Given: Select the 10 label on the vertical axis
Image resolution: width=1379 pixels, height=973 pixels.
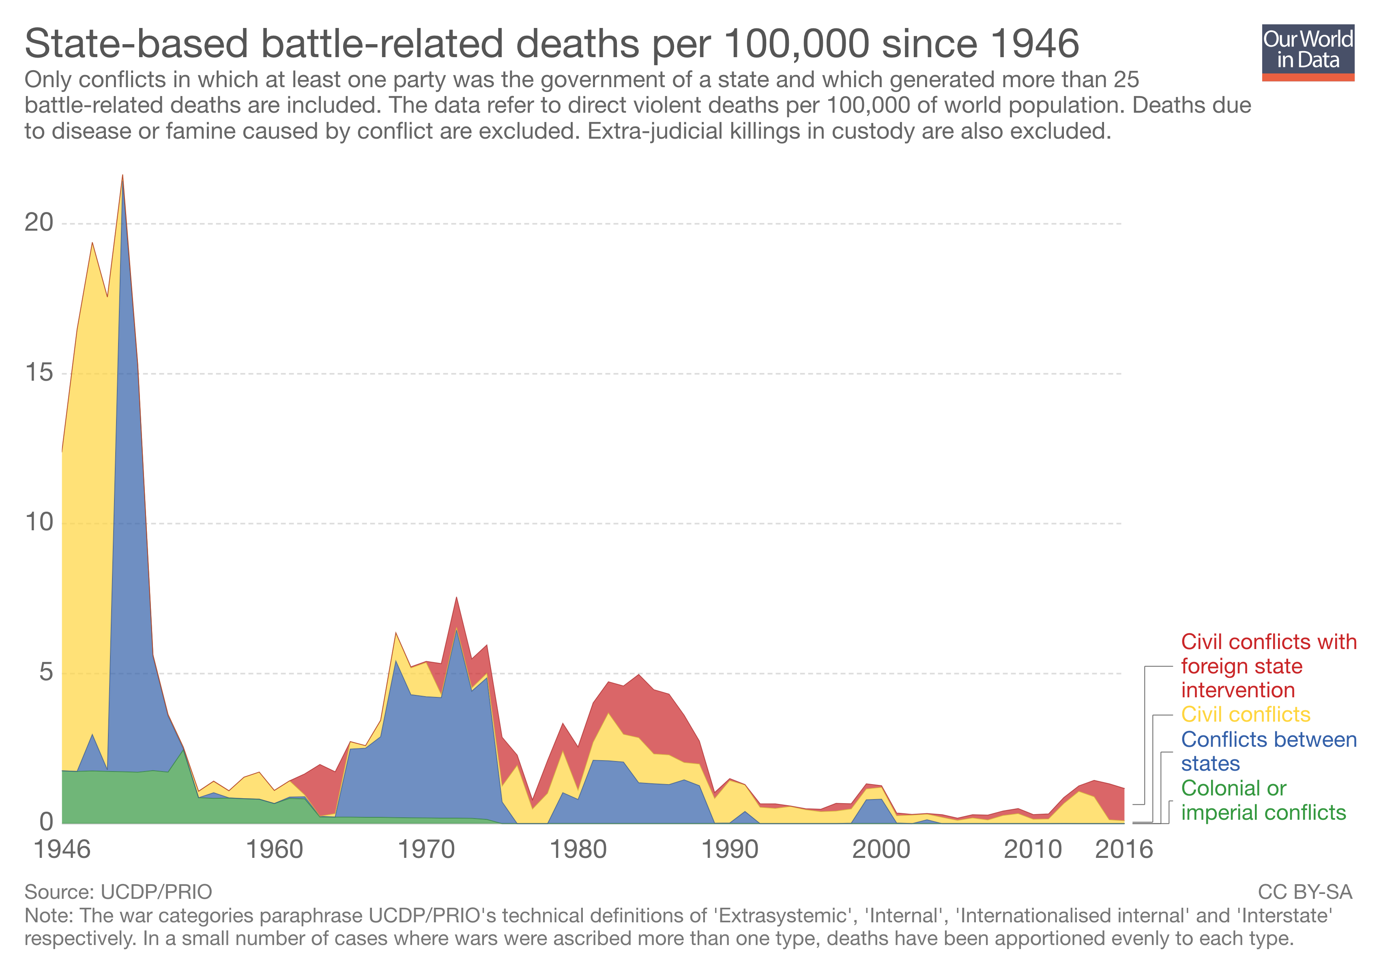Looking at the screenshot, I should point(39,522).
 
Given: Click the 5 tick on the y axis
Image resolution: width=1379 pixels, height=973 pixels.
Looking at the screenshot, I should point(46,672).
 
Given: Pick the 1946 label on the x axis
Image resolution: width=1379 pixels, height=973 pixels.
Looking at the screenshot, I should point(62,850).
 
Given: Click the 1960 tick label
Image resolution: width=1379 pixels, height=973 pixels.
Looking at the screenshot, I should point(275,850).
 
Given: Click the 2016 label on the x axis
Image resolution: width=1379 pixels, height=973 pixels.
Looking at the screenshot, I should point(1124,850).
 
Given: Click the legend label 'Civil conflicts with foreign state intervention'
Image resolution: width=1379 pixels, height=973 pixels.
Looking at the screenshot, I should point(1267,666).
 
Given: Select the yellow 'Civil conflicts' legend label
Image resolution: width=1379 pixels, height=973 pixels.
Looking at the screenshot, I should point(1245,715).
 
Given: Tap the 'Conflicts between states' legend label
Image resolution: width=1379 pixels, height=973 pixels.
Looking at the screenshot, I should point(1267,752).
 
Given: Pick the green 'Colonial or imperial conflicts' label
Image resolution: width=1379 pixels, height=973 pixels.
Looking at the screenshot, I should point(1263,801).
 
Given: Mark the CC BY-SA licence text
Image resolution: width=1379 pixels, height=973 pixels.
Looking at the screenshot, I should point(1304,892).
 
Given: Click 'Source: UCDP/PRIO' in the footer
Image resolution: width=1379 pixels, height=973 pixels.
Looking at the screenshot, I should point(118,892).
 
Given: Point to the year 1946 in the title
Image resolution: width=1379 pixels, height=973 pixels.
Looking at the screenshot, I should point(1034,43).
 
